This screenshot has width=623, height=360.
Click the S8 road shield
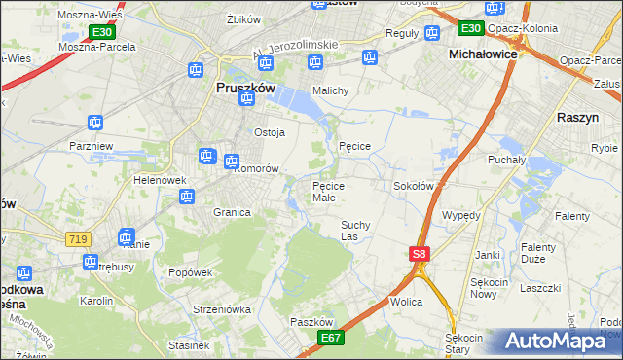click(419, 254)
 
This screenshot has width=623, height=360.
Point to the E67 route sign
click(331, 337)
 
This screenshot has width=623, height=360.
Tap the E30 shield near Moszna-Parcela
click(102, 32)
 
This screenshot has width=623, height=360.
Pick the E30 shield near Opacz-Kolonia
click(471, 28)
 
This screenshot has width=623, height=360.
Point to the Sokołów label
click(413, 185)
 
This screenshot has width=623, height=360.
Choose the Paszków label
click(312, 321)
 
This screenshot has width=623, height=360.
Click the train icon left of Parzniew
click(94, 123)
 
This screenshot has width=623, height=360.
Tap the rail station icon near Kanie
click(125, 235)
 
